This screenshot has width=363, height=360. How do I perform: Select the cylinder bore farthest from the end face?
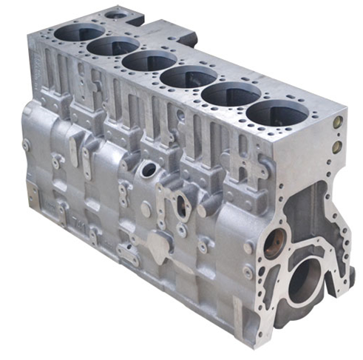coord(79,33)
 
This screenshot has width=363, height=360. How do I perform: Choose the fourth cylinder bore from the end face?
coord(149,60)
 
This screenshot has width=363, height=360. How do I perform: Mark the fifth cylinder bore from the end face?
coord(113,46)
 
